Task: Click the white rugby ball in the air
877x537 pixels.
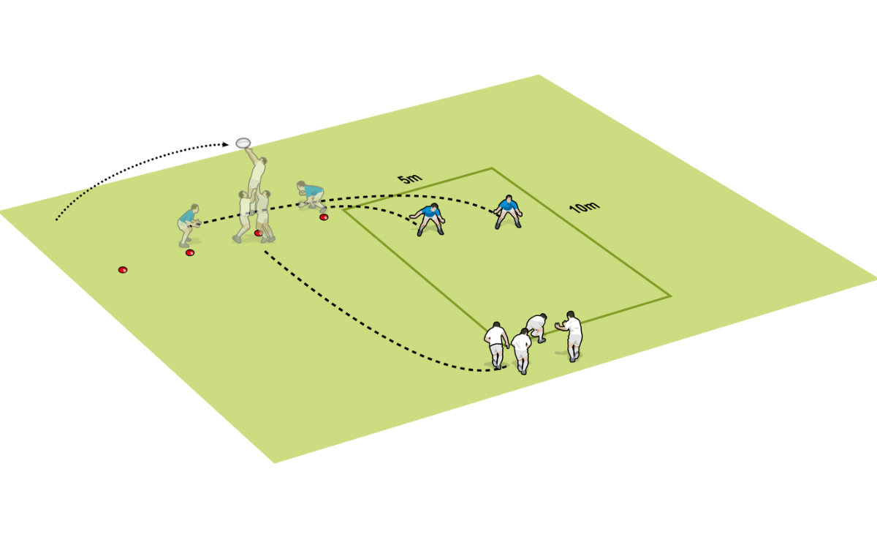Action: coord(243,142)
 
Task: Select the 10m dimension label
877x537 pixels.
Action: coord(584,207)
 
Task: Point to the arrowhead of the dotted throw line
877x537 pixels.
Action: coord(228,145)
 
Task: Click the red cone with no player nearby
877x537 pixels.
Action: coord(123,270)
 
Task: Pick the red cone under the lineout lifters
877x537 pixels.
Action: coord(258,233)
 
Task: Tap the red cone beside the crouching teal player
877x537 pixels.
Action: coord(324,217)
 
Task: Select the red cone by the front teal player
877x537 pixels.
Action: coord(190,252)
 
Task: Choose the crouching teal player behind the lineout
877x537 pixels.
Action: coord(312,196)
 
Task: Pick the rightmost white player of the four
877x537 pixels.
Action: coord(572,335)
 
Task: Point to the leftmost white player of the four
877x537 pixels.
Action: coord(497,344)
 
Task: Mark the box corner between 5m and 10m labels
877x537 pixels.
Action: coord(492,168)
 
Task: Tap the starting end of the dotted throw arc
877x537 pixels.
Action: coord(56,219)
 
